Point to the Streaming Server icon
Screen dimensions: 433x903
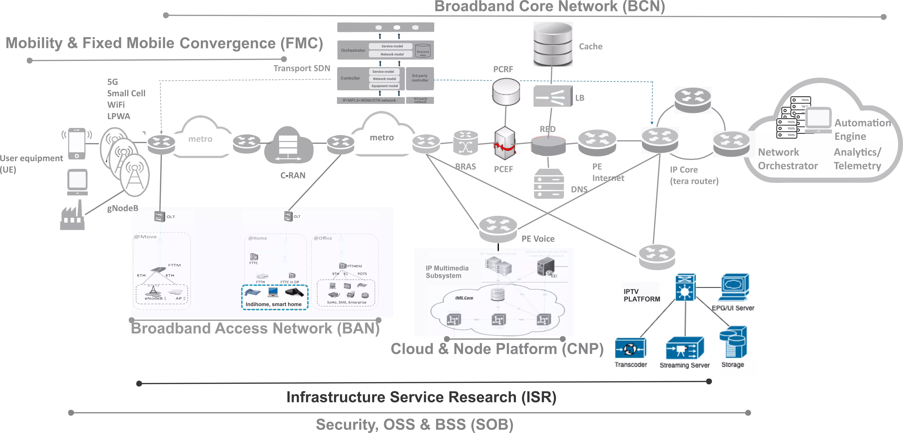[x=685, y=348]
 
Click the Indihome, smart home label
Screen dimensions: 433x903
[x=273, y=304]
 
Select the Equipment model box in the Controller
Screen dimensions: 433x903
[x=385, y=86]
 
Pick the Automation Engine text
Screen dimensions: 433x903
[x=862, y=129]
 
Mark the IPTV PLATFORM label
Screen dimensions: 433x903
[x=642, y=295]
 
